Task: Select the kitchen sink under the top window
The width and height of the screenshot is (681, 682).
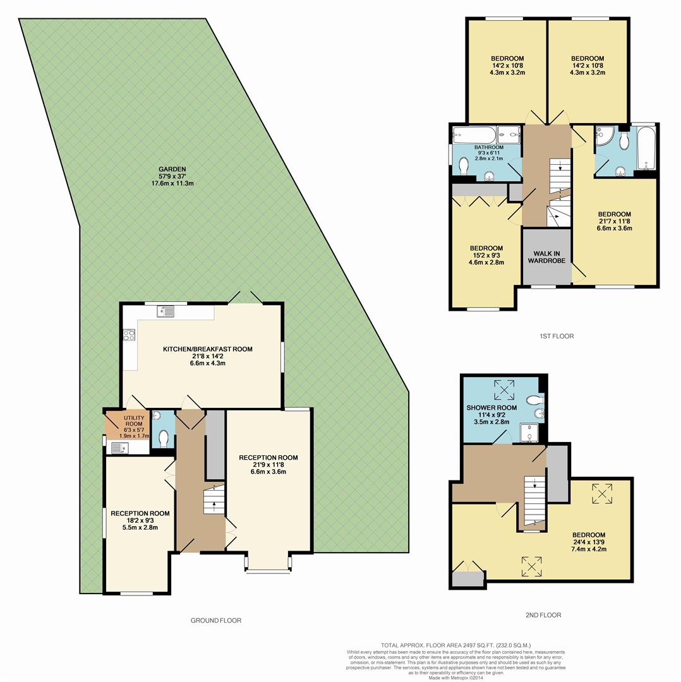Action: [x=167, y=311]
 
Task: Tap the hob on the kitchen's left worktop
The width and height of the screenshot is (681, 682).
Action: [x=130, y=335]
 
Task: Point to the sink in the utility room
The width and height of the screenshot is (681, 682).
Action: [x=118, y=448]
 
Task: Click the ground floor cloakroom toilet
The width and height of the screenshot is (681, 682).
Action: [x=164, y=438]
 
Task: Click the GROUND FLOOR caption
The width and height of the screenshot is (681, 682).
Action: [x=215, y=620]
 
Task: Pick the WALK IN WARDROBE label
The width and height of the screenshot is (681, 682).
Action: [x=547, y=258]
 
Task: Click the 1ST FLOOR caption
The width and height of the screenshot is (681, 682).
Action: [x=557, y=336]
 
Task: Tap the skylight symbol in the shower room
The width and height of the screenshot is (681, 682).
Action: [x=505, y=390]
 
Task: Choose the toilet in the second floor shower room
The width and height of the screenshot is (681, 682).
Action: [x=534, y=399]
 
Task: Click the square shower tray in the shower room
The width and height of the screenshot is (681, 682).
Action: [x=527, y=433]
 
